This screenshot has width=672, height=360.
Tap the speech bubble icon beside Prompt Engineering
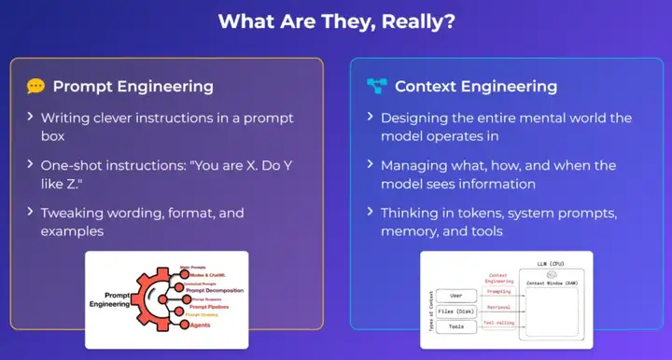pos(35,87)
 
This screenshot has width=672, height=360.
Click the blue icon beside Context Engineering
pos(376,87)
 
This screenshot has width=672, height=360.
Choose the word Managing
pos(417,165)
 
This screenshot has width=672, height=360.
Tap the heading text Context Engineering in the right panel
pos(476,87)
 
